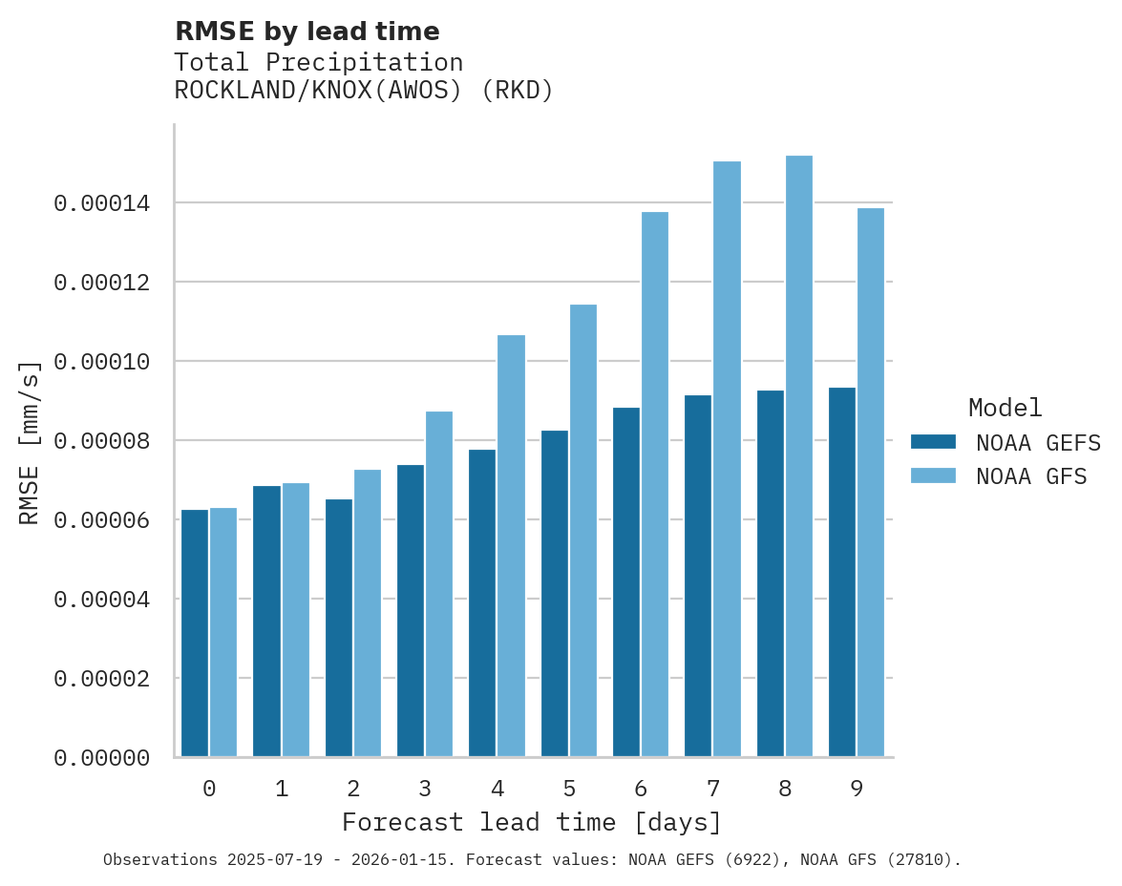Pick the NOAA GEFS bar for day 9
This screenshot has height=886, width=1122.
point(842,572)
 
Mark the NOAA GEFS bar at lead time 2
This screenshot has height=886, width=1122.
point(339,628)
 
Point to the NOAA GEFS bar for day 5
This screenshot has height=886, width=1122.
point(555,594)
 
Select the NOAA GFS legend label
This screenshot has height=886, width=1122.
point(1031,476)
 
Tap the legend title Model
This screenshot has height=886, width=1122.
point(1005,408)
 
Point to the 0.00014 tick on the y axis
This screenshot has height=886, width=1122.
point(101,203)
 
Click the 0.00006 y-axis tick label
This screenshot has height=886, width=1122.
point(101,520)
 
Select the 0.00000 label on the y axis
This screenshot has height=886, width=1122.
point(101,758)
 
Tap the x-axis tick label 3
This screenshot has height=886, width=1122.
point(425,789)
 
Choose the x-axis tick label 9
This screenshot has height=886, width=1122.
point(857,789)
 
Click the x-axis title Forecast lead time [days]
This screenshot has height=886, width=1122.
point(532,822)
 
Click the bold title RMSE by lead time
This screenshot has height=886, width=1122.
point(307,32)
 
